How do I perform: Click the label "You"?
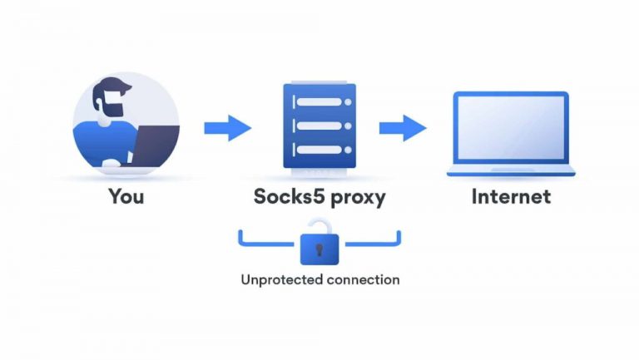pyautogui.click(x=125, y=197)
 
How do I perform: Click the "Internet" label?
pyautogui.click(x=511, y=197)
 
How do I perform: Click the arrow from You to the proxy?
pyautogui.click(x=227, y=128)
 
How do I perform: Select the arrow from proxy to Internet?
pyautogui.click(x=403, y=128)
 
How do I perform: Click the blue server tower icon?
pyautogui.click(x=319, y=125)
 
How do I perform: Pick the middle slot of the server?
pyautogui.click(x=319, y=126)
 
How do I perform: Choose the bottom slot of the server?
pyautogui.click(x=319, y=150)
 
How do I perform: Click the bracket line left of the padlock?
pyautogui.click(x=266, y=243)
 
